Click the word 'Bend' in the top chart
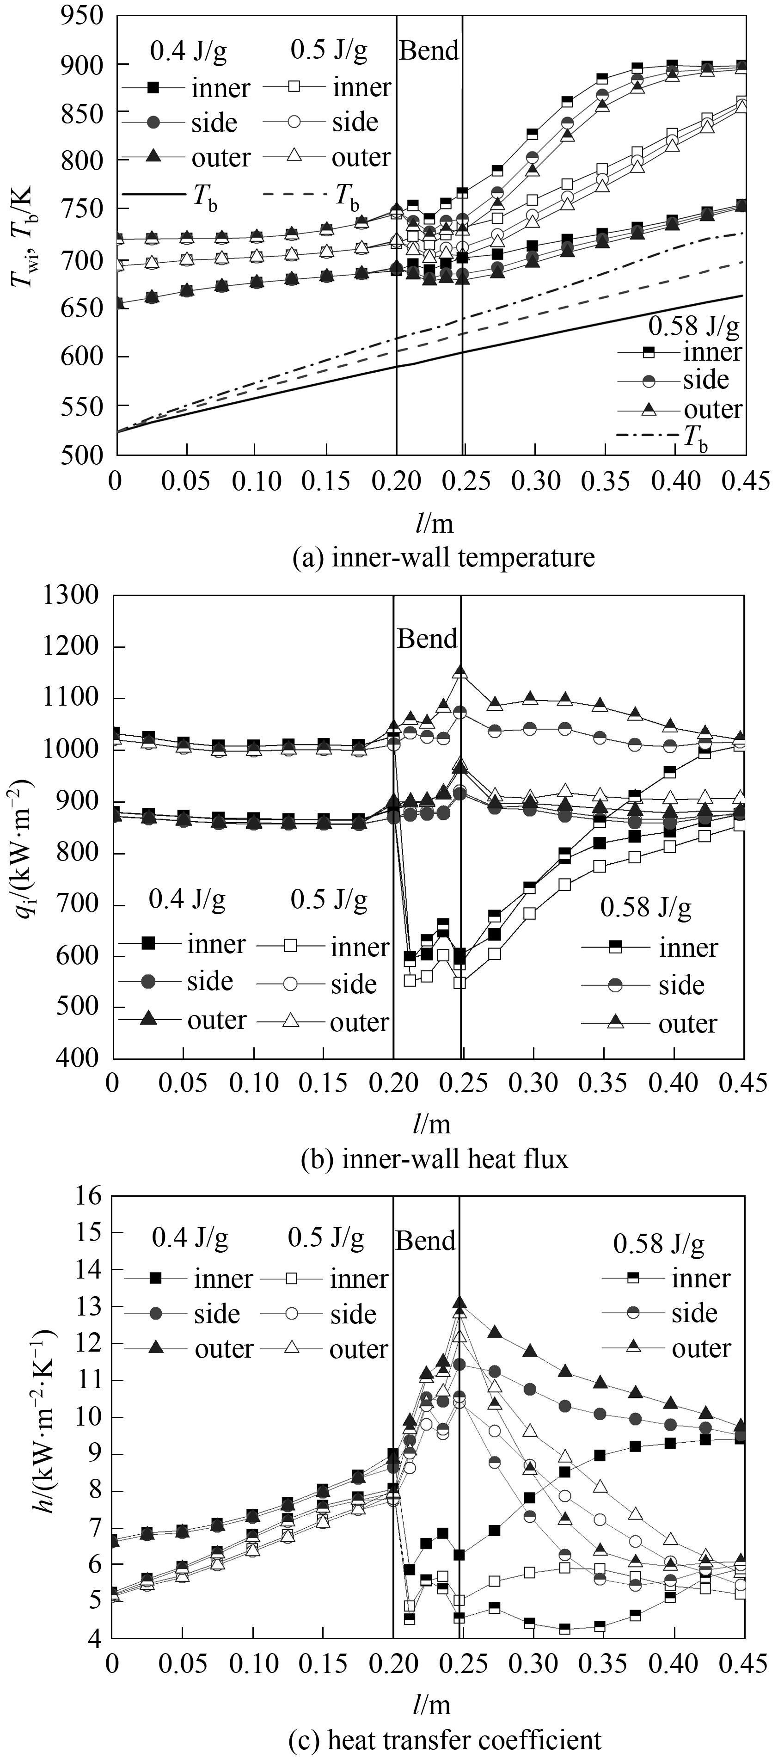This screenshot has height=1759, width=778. click(429, 50)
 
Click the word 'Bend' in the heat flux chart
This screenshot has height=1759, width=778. click(427, 639)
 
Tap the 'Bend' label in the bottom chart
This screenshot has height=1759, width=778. click(425, 1241)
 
